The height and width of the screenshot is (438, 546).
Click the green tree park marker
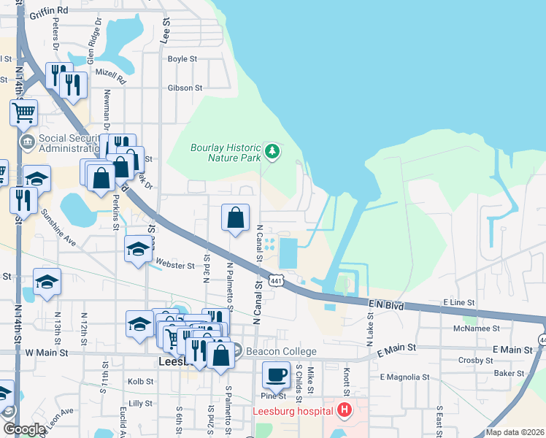tap(272, 151)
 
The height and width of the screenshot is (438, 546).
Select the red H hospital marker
tap(344, 410)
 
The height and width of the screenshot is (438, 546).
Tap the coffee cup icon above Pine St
tap(276, 375)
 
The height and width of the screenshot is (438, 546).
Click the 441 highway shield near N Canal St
tap(275, 280)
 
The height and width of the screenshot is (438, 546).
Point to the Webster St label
tap(176, 266)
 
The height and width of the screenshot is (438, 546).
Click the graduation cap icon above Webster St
tap(138, 250)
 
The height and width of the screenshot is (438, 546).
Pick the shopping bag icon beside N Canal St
tap(235, 217)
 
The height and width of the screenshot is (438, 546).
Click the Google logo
tap(23, 429)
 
